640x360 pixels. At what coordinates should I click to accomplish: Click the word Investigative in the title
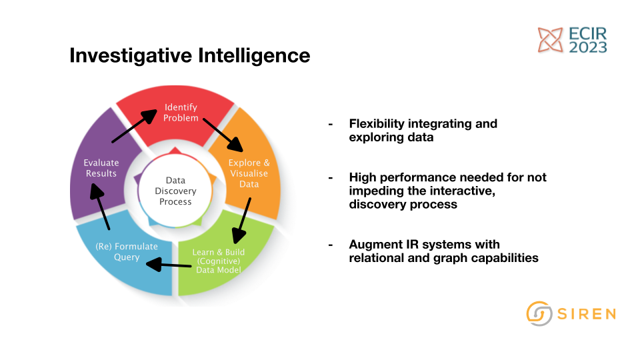(x=131, y=56)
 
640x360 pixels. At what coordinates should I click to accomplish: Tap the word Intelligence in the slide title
(x=254, y=55)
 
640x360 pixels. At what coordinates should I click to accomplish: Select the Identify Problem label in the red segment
(x=181, y=113)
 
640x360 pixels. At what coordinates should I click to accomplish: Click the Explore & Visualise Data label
(x=249, y=173)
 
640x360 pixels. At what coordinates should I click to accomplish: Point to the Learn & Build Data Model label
(x=219, y=261)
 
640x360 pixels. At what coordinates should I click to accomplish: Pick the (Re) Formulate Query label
(x=127, y=251)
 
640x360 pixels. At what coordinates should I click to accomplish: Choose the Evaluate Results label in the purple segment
(x=101, y=168)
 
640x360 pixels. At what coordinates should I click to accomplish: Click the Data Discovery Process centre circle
(x=175, y=191)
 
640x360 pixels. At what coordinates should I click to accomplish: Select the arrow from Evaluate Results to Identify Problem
(x=134, y=126)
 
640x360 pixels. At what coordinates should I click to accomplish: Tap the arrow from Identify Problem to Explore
(x=223, y=135)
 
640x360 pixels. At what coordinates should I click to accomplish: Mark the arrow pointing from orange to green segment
(x=241, y=221)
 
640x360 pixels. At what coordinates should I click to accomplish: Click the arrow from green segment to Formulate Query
(x=169, y=265)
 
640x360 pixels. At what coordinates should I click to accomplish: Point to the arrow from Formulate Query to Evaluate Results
(x=99, y=207)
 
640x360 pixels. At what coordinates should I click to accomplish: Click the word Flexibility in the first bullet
(x=376, y=124)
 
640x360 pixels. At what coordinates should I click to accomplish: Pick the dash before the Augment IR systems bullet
(x=331, y=245)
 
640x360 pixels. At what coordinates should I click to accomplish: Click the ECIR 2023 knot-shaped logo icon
(x=550, y=40)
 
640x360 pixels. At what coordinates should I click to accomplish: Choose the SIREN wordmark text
(x=587, y=314)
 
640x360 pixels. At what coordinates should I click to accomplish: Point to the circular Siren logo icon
(x=539, y=313)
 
